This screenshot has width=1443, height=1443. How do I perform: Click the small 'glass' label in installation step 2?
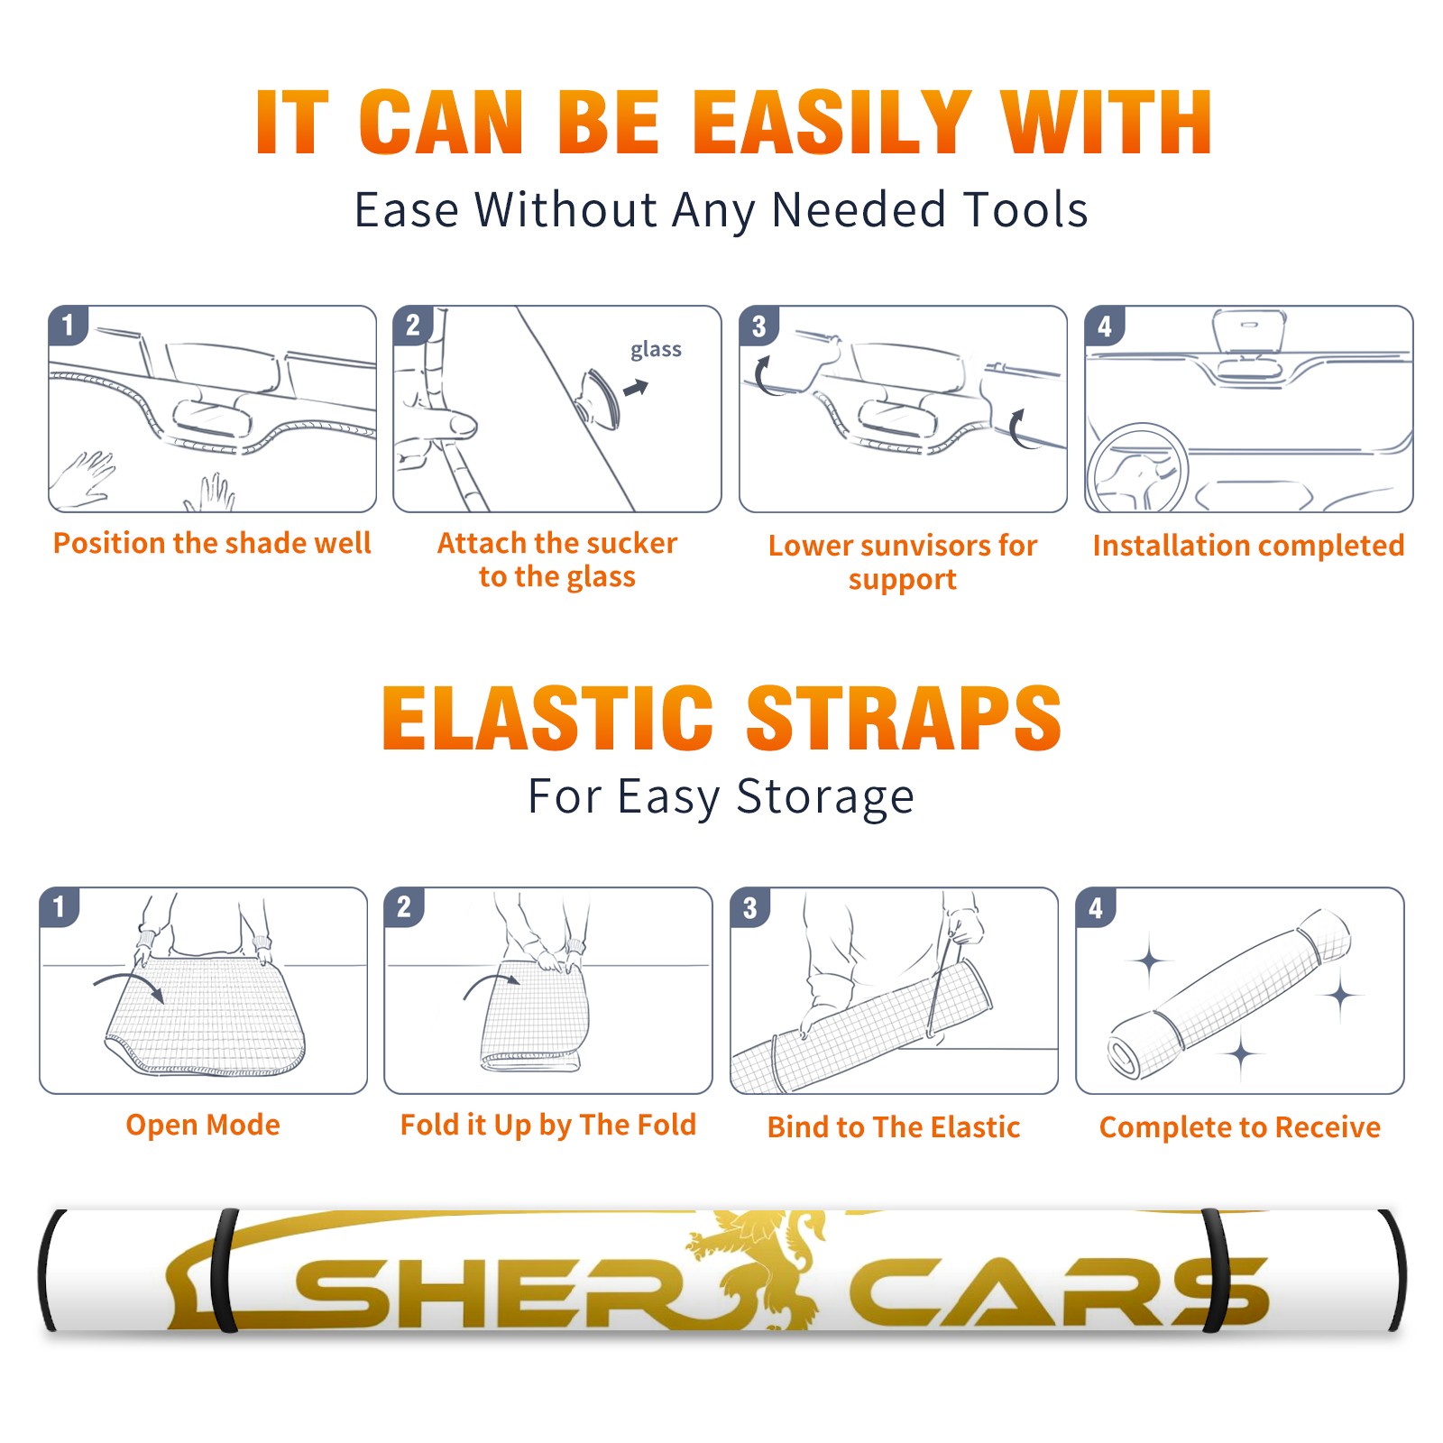(x=656, y=350)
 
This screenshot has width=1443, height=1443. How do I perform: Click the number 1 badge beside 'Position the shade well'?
(x=69, y=325)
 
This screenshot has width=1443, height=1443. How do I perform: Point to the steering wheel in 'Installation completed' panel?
(x=1137, y=468)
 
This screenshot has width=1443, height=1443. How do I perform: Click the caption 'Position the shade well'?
(x=212, y=543)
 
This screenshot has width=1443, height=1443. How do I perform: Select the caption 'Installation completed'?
(x=1248, y=545)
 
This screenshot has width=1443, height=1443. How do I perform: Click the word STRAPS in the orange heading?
(x=904, y=718)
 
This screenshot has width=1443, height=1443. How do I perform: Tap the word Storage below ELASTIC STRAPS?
(x=825, y=797)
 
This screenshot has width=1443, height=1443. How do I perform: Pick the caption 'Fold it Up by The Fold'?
(x=548, y=1125)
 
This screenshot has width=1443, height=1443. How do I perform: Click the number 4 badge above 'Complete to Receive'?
(x=1096, y=907)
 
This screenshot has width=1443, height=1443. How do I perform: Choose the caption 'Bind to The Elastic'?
(x=894, y=1127)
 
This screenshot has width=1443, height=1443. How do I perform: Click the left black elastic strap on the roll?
(x=224, y=1271)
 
